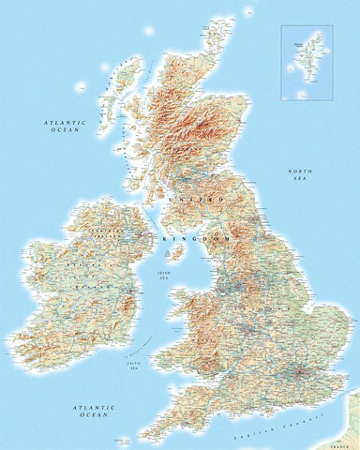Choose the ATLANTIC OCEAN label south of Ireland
coord(92,411)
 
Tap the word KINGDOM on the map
coord(185,240)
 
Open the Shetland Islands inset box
coord(307,61)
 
